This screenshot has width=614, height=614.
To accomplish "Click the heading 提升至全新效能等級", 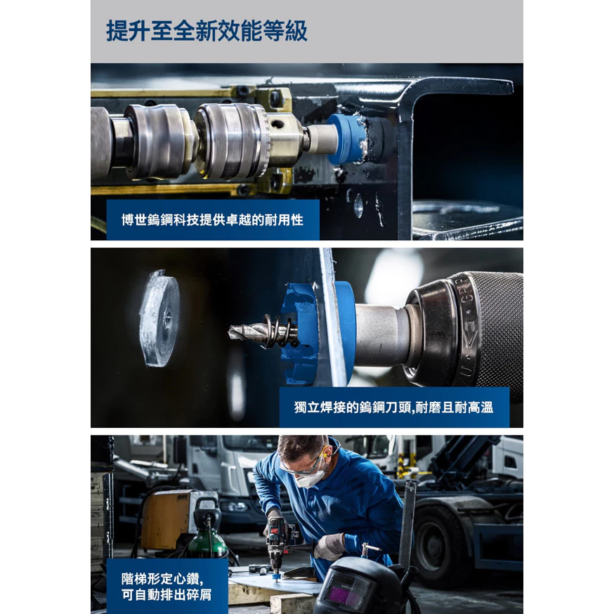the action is tap(207, 31).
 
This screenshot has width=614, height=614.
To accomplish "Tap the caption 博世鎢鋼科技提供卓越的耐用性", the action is tap(213, 220).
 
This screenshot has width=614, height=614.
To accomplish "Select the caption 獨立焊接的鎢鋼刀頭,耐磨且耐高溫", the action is tap(393, 407).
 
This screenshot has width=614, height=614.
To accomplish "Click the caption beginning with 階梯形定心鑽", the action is tap(166, 586).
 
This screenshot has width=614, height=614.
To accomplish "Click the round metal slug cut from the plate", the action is tap(159, 318).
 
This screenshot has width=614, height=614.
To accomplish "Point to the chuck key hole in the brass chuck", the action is tap(277, 124).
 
